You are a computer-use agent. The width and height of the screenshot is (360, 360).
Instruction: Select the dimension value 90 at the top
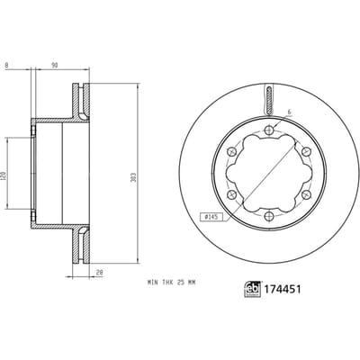tap(55, 65)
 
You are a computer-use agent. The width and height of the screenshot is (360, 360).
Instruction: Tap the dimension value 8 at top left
tap(6, 65)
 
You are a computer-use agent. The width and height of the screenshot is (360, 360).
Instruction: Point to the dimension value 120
tap(4, 175)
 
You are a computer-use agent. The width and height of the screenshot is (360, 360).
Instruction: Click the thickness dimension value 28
tap(100, 273)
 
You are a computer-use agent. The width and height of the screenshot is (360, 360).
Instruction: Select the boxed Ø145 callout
tap(211, 216)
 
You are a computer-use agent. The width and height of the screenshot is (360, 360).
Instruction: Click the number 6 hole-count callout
tap(289, 112)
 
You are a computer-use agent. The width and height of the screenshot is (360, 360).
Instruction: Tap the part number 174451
tap(283, 289)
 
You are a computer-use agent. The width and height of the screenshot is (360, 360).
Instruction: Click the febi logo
tap(253, 289)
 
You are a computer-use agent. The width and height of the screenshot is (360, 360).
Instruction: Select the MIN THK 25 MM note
tap(171, 283)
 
